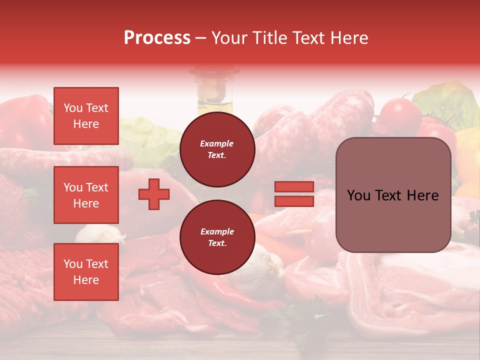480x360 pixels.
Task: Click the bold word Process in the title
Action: [157, 37]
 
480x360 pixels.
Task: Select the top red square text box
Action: [86, 116]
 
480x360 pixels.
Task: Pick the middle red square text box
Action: [86, 195]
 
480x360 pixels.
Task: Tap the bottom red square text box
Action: [86, 272]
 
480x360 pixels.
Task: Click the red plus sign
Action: [154, 194]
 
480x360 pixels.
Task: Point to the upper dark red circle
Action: [217, 149]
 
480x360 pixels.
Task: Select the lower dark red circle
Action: [217, 237]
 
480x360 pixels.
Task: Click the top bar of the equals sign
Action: [294, 187]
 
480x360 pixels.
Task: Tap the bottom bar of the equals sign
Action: [294, 201]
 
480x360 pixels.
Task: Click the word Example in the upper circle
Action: [217, 143]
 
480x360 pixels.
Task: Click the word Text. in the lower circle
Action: [217, 243]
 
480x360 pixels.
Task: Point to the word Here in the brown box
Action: [421, 195]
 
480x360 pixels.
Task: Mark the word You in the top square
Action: [73, 108]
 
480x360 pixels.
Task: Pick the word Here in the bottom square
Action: [86, 280]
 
